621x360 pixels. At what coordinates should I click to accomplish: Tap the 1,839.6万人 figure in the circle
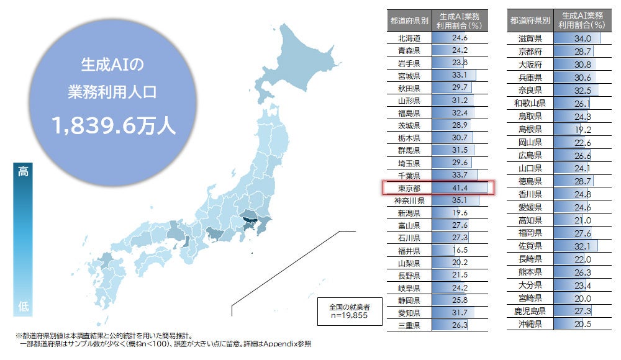coord(114,126)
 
